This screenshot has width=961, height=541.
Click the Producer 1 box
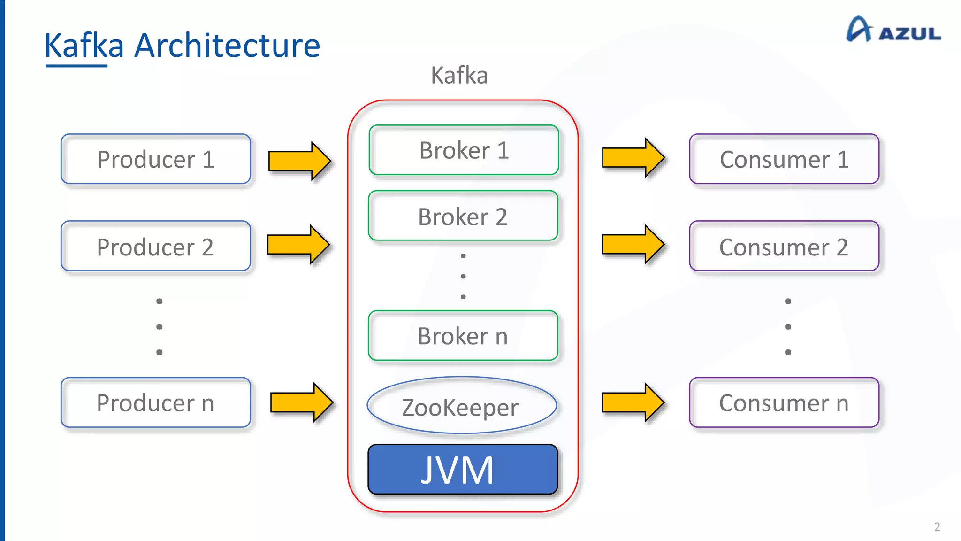(156, 159)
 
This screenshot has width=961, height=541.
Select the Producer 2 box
(156, 246)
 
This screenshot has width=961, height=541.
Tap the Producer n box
(156, 402)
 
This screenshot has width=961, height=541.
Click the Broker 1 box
(464, 150)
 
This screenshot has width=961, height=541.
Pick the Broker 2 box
(463, 216)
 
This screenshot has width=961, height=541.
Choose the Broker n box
(463, 336)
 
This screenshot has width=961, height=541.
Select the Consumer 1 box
(784, 159)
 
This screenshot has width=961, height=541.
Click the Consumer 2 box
(784, 246)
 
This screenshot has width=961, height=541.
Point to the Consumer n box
(784, 402)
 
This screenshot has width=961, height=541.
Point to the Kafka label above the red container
(459, 75)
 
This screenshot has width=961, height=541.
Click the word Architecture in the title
(227, 46)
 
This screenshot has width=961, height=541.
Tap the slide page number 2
(937, 526)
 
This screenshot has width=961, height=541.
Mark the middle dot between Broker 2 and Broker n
(463, 277)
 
